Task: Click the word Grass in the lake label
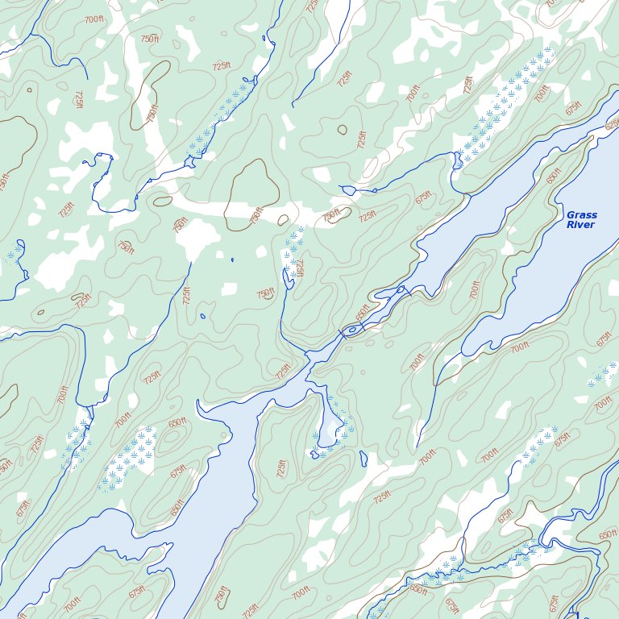coord(581,215)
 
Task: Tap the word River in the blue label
coord(580,225)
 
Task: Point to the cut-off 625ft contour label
coord(612,124)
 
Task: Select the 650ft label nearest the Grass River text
coord(554,176)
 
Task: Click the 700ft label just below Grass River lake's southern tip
coord(520,347)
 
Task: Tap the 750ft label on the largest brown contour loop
coord(257,215)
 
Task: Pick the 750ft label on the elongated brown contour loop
coord(152,114)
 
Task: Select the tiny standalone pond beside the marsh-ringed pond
coord(364,459)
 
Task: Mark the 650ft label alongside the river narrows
coord(364,311)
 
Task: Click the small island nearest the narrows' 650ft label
coord(351,330)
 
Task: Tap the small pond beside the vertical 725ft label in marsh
coord(288,279)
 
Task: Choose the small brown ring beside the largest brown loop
coord(283,220)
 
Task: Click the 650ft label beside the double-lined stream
coord(607,535)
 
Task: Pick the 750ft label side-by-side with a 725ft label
coord(332,216)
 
